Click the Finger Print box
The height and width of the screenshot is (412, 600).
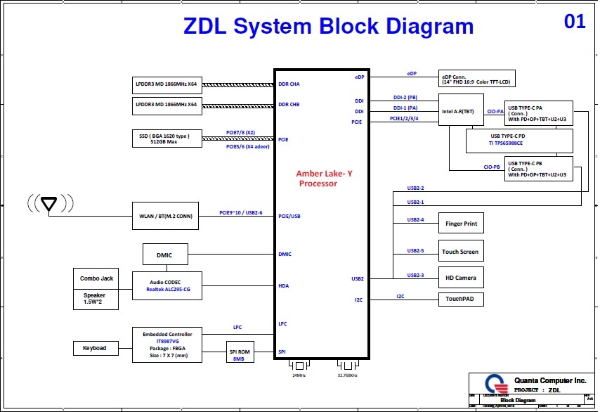(x=461, y=224)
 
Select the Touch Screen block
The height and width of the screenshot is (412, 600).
(x=461, y=251)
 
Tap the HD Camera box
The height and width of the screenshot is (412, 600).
(x=461, y=278)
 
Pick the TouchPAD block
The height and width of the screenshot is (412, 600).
(x=461, y=299)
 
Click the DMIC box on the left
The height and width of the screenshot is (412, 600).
(x=165, y=255)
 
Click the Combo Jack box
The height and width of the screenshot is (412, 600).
(x=97, y=279)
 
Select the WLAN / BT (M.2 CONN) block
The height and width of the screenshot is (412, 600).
(x=167, y=217)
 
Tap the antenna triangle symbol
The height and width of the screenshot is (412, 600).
(x=48, y=204)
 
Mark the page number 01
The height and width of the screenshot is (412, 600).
(x=574, y=22)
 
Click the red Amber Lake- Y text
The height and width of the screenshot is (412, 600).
(x=324, y=174)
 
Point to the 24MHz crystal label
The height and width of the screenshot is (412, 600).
(x=299, y=375)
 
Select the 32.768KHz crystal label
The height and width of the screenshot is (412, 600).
(x=347, y=375)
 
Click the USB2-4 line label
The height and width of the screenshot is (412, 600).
(x=415, y=220)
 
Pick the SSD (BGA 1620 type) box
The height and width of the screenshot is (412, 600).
(x=167, y=137)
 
